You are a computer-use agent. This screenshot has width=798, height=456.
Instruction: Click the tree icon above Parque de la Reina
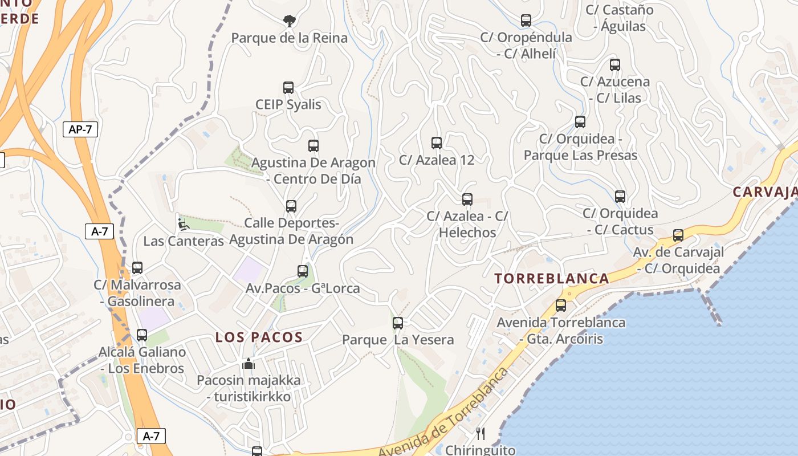(290, 21)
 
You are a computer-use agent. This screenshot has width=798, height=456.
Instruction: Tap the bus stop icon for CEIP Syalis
(288, 88)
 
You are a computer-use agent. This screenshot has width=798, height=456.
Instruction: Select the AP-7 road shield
(80, 129)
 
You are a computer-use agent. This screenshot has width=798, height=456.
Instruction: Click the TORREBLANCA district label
(552, 279)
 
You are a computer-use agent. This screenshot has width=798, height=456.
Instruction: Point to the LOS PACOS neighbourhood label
(259, 337)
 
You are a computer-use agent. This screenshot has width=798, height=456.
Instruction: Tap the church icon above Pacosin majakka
(249, 364)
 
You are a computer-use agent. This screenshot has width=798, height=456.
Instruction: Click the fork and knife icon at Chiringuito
(481, 434)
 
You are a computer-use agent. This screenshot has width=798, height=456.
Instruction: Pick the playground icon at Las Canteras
(183, 224)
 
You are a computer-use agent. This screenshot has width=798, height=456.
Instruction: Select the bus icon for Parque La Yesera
(398, 323)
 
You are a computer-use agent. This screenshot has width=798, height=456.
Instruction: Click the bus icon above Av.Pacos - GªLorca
(303, 271)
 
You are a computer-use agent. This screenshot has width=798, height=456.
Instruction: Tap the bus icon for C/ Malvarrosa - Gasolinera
(137, 268)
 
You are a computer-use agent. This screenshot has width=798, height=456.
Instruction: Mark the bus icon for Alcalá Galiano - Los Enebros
(142, 335)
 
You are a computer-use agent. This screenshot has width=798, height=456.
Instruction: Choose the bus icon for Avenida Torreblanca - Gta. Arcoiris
(561, 306)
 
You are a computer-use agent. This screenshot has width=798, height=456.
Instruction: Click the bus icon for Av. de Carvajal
(678, 235)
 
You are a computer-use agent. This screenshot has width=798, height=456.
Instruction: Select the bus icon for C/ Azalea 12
(437, 143)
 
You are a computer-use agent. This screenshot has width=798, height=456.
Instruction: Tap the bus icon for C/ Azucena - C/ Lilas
(614, 65)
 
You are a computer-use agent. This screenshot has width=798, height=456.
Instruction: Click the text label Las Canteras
(184, 241)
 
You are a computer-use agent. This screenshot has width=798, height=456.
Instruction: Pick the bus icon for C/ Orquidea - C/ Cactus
(620, 197)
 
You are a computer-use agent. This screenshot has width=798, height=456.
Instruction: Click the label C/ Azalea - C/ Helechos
(467, 225)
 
